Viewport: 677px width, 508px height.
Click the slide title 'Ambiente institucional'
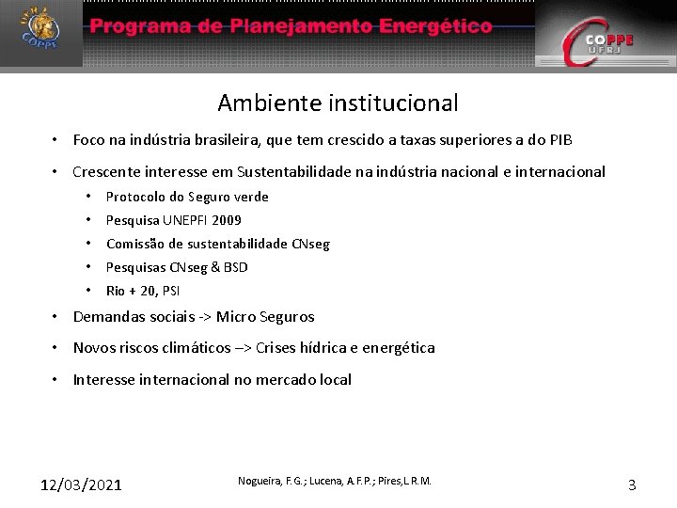[338, 102]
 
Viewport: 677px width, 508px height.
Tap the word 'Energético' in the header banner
[435, 26]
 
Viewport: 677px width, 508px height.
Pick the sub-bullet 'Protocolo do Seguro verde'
[187, 197]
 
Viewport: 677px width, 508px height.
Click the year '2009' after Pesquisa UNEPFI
[227, 220]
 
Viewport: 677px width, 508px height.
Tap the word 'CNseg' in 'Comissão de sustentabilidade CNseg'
[311, 244]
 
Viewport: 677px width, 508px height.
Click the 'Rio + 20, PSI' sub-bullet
[143, 291]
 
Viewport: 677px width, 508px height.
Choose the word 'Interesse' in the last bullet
[104, 380]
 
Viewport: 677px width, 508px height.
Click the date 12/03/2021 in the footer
[81, 485]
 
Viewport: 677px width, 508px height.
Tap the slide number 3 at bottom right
[632, 485]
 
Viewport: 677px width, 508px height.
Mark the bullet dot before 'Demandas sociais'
[56, 317]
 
